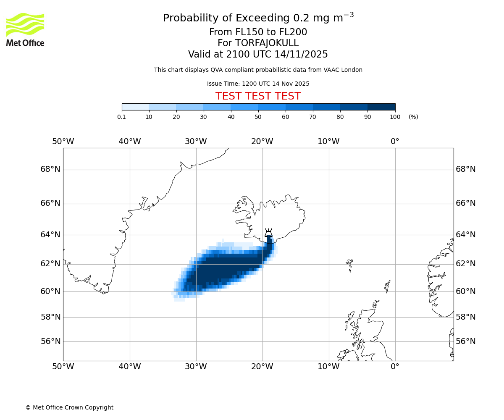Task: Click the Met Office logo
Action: [25, 29]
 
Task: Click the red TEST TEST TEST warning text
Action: [258, 96]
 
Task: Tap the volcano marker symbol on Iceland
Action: [268, 233]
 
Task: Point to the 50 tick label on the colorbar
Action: [258, 117]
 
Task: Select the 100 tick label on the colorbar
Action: [395, 117]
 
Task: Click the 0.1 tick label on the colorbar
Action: [121, 117]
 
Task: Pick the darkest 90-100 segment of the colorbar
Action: [381, 107]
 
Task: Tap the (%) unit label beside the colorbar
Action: [413, 117]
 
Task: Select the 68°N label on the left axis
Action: [50, 169]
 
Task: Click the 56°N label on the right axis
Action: [466, 341]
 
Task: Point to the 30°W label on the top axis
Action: [196, 142]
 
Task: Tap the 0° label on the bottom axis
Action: [395, 366]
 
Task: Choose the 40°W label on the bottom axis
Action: [129, 366]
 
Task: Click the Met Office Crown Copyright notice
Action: [69, 407]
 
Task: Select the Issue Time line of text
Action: [258, 84]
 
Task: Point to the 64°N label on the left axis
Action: [50, 234]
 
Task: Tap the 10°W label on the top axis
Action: [328, 142]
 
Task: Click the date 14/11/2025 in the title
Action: [301, 54]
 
